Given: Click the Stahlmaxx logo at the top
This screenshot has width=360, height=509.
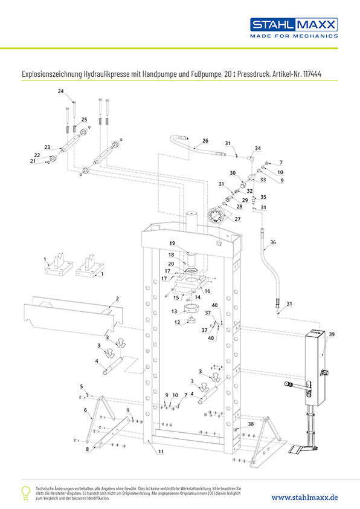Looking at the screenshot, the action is pyautogui.click(x=294, y=28).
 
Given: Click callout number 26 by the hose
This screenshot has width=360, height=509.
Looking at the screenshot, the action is pyautogui.click(x=205, y=141).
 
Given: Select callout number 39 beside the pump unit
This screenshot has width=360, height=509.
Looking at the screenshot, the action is pyautogui.click(x=332, y=334).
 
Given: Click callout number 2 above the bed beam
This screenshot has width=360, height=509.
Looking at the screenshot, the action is pyautogui.click(x=117, y=298).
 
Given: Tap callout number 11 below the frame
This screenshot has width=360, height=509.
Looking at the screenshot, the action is pyautogui.click(x=161, y=451).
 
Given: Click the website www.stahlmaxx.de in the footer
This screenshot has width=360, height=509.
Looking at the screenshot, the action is pyautogui.click(x=304, y=498).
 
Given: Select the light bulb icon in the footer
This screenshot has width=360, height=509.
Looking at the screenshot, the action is pyautogui.click(x=25, y=493).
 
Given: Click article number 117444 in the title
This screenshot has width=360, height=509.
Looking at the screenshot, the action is pyautogui.click(x=312, y=74).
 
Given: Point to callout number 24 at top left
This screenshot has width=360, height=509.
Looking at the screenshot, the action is pyautogui.click(x=60, y=91).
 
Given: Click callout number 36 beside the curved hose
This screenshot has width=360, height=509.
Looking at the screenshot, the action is pyautogui.click(x=273, y=242).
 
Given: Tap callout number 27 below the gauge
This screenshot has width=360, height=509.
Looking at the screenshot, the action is pyautogui.click(x=237, y=219).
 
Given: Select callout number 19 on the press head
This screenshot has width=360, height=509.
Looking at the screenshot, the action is pyautogui.click(x=172, y=243).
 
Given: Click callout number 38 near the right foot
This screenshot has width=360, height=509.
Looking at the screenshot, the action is pyautogui.click(x=251, y=424).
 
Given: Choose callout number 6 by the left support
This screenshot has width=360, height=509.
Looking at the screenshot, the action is pyautogui.click(x=85, y=410).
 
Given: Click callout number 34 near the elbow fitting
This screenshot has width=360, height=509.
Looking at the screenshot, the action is pyautogui.click(x=257, y=148).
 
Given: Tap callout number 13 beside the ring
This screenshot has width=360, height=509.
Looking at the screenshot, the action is pyautogui.click(x=174, y=311).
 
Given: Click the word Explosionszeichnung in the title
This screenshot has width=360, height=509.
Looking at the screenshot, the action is pyautogui.click(x=52, y=74).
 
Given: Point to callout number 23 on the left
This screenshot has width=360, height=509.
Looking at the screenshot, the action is pyautogui.click(x=47, y=147).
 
